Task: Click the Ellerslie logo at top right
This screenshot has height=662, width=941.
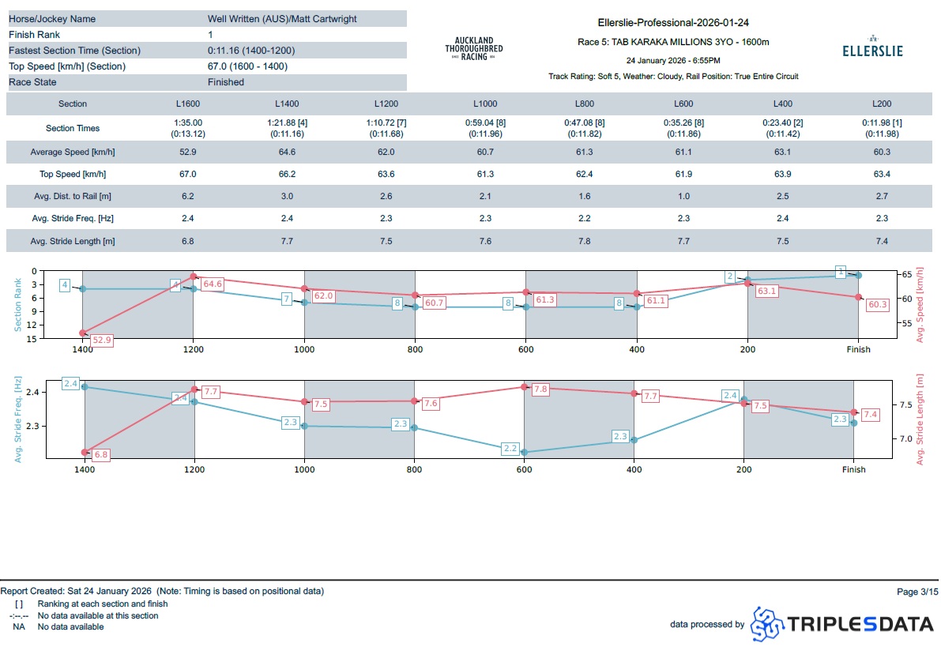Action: [872, 47]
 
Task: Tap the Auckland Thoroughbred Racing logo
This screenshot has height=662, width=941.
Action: [473, 48]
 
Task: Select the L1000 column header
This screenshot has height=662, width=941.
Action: [485, 103]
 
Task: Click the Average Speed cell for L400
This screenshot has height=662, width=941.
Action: [782, 152]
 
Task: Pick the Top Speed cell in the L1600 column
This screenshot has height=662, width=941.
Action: [188, 174]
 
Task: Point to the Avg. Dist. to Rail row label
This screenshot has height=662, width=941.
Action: [73, 196]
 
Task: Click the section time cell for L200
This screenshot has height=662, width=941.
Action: [881, 128]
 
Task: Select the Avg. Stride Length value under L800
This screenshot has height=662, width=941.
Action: [584, 241]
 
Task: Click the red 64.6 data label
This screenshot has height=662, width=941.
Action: [213, 284]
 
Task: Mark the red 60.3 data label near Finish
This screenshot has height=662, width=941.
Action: [877, 304]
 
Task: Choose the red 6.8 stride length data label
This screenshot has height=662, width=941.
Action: [100, 455]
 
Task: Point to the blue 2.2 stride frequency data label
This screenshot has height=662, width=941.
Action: [510, 449]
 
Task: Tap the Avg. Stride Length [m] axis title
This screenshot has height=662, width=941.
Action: [920, 419]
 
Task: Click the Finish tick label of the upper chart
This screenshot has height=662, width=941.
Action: [858, 349]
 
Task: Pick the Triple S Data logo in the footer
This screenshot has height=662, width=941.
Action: [842, 624]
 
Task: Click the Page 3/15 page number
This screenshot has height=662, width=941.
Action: [917, 591]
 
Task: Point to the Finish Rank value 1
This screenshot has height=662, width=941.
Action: [210, 35]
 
